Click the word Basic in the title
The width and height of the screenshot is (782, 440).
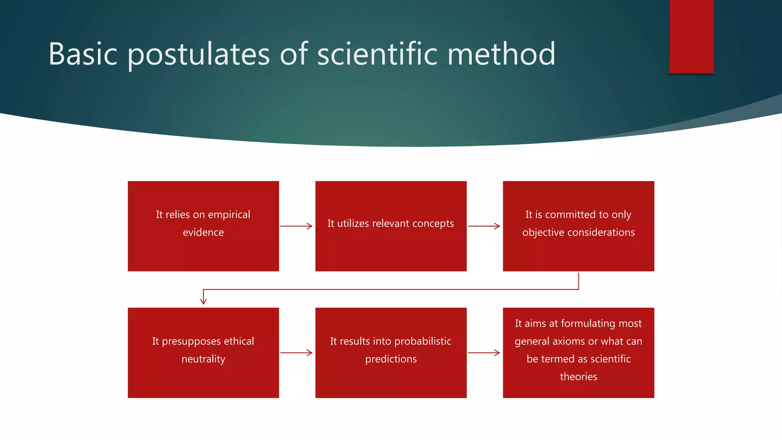[83, 54]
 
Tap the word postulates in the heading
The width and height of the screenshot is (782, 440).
[199, 54]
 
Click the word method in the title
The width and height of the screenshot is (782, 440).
[501, 54]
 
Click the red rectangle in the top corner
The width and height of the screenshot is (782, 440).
[691, 36]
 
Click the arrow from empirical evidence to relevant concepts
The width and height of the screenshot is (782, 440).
[296, 226]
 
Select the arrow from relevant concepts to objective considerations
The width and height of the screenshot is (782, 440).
[484, 226]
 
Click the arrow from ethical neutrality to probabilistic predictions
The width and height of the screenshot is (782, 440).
[296, 353]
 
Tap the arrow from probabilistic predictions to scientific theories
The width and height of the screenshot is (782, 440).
[484, 353]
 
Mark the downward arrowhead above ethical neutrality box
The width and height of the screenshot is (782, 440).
[203, 301]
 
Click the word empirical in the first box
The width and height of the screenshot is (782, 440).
[229, 215]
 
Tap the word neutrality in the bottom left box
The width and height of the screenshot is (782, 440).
[203, 359]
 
